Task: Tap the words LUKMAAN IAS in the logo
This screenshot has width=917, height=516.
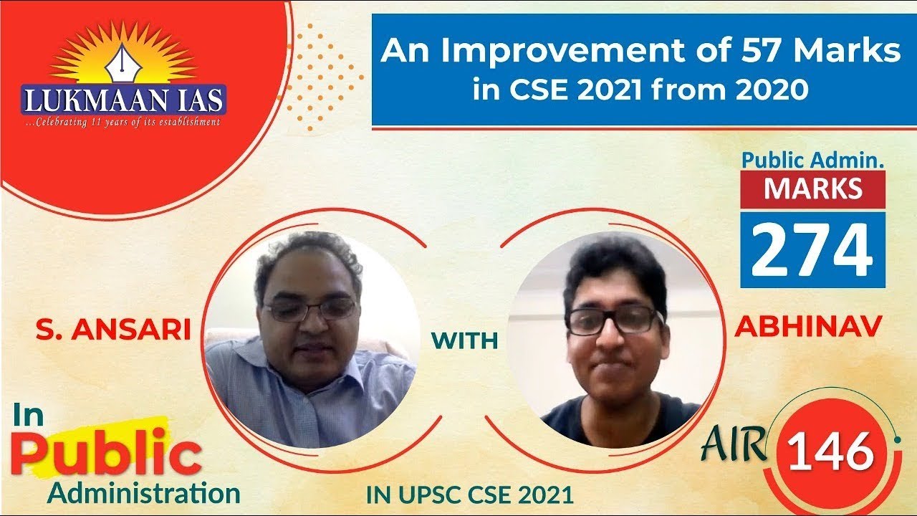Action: pyautogui.click(x=123, y=100)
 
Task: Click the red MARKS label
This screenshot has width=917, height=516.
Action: pyautogui.click(x=812, y=188)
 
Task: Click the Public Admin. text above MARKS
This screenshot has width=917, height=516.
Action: pyautogui.click(x=812, y=160)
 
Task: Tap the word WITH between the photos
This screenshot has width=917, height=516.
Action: pyautogui.click(x=464, y=341)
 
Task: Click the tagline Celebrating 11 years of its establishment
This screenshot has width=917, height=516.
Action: pyautogui.click(x=123, y=123)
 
